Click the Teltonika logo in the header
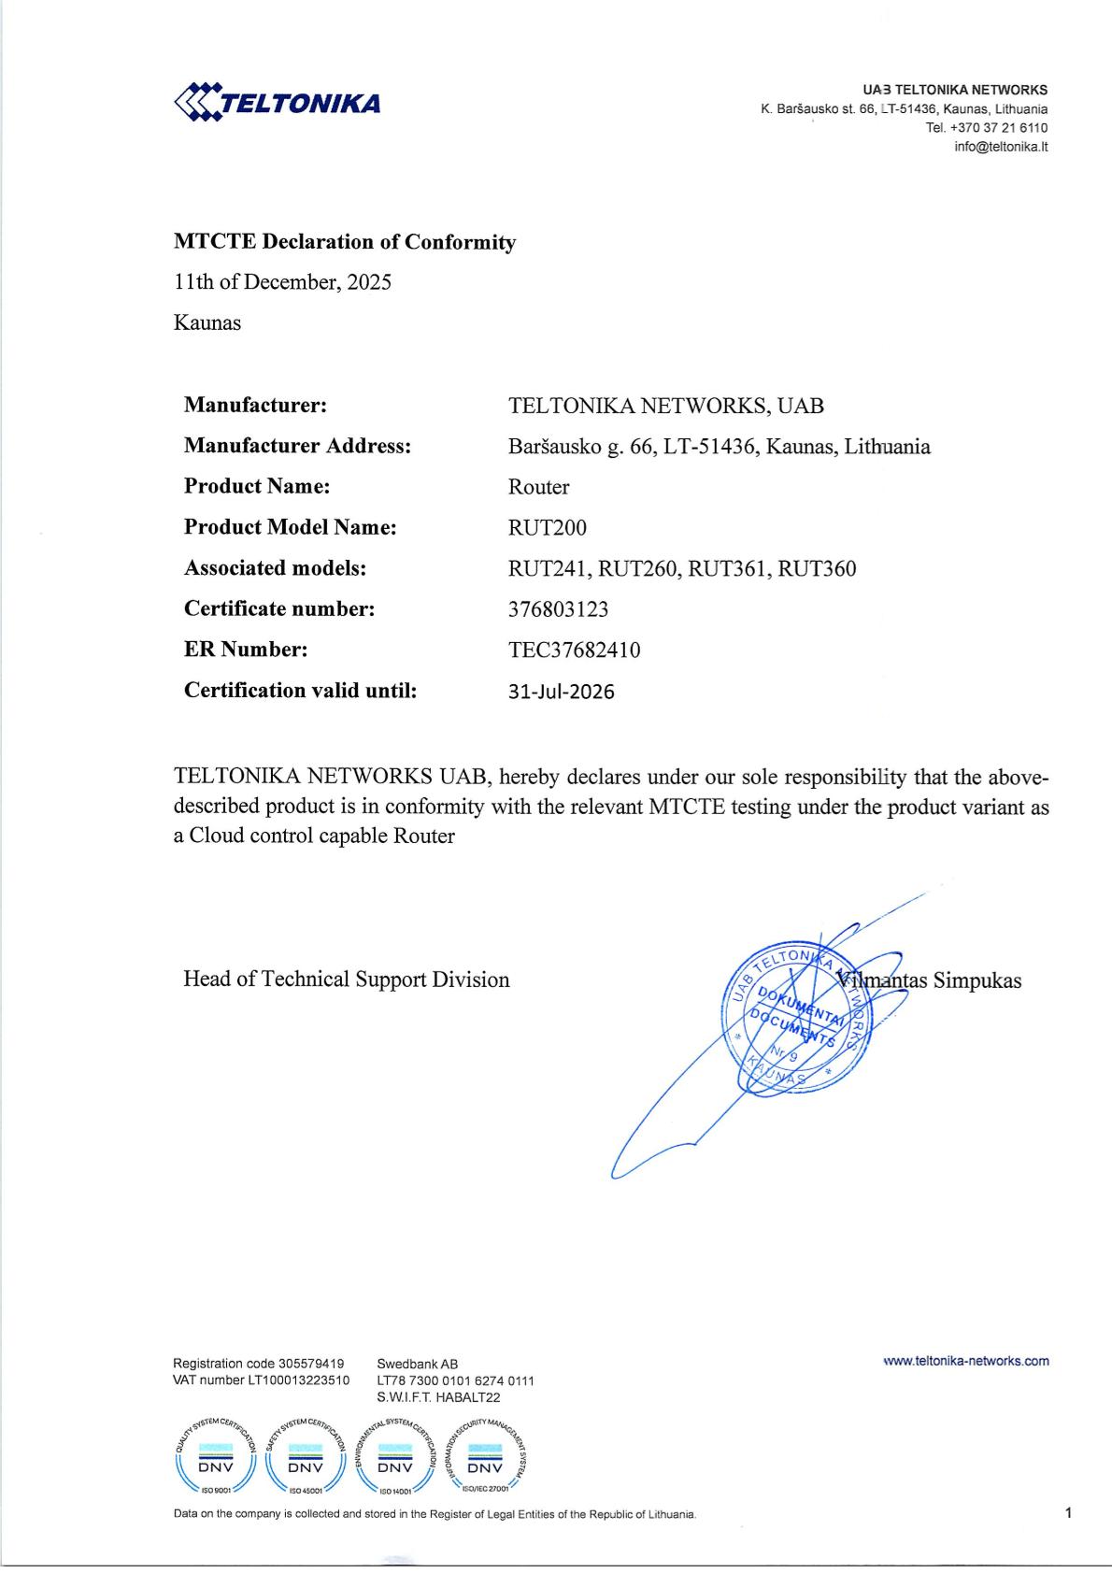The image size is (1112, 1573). click(278, 102)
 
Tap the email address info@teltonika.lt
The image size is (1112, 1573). click(1001, 147)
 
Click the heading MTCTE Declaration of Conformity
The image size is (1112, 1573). click(344, 242)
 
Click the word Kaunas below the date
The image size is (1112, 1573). click(207, 323)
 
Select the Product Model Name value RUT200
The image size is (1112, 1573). click(548, 528)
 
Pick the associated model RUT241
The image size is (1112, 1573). click(549, 569)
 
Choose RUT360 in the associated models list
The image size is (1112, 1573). click(817, 569)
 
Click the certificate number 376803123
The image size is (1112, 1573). click(558, 609)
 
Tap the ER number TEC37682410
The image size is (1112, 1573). click(574, 651)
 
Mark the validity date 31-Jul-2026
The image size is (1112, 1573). click(561, 692)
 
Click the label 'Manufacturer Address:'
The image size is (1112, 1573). click(297, 446)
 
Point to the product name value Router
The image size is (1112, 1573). click(538, 487)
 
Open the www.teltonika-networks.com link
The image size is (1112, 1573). click(965, 1361)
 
